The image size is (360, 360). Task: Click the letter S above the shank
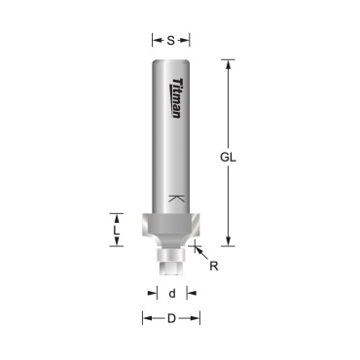(x=171, y=40)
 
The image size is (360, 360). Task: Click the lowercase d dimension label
(x=171, y=292)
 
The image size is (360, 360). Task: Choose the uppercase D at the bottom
(x=171, y=318)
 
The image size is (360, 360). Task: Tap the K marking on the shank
(x=175, y=198)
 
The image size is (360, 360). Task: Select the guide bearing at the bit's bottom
(x=172, y=258)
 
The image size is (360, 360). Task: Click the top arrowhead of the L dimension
(x=118, y=216)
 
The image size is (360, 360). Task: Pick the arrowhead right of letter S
(x=187, y=40)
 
